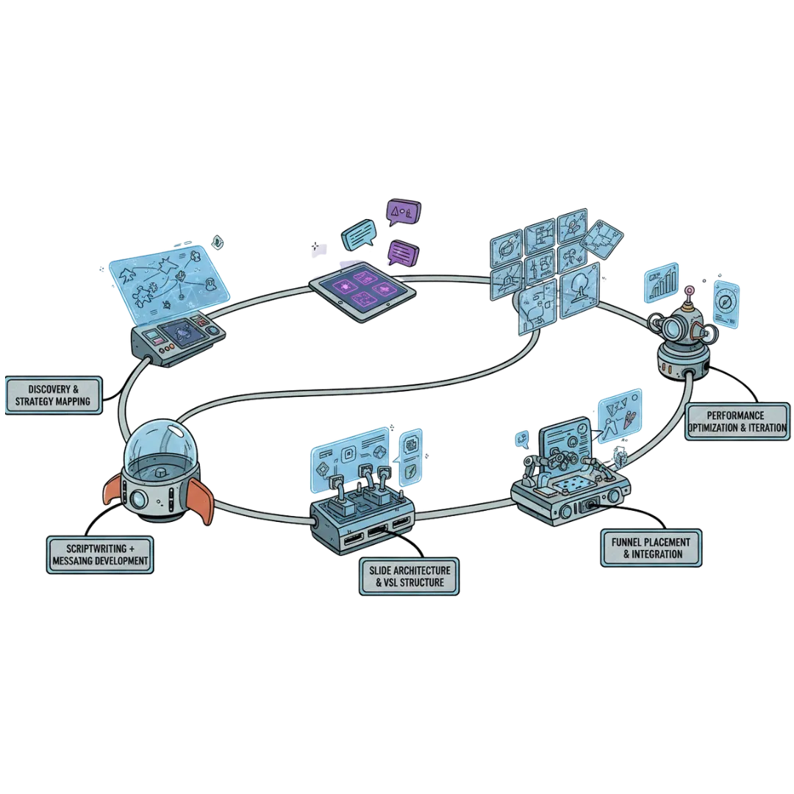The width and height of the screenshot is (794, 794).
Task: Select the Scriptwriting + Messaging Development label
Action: click(x=101, y=554)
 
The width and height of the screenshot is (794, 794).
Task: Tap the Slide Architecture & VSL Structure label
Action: click(x=411, y=576)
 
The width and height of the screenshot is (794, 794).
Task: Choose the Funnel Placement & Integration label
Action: click(x=651, y=547)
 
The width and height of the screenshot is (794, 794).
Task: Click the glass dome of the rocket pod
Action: click(x=157, y=450)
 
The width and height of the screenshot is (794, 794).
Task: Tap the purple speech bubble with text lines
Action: click(x=402, y=254)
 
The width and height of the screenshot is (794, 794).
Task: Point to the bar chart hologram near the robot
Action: click(x=660, y=282)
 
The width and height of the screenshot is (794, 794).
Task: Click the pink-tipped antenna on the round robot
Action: click(x=690, y=293)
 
